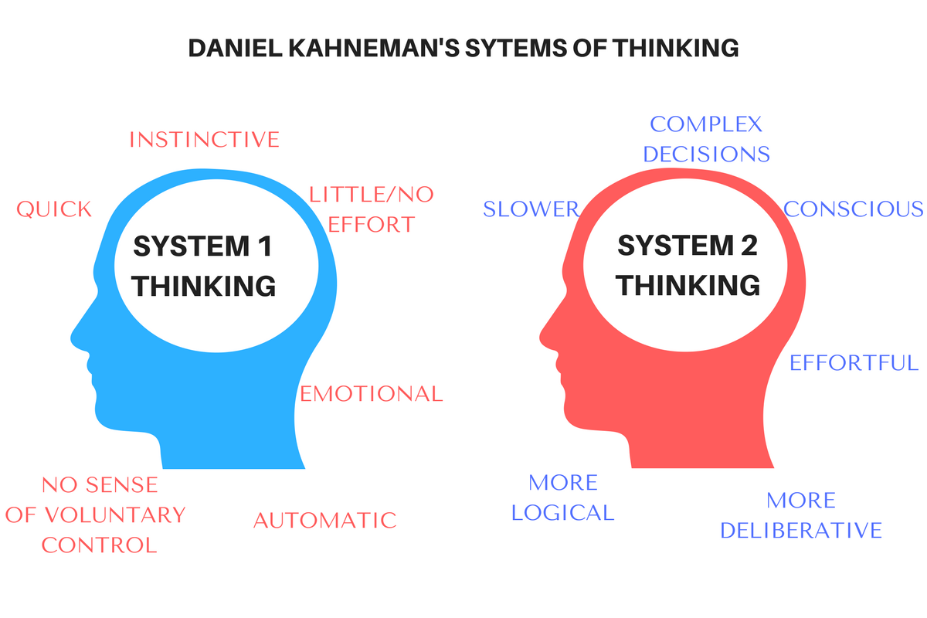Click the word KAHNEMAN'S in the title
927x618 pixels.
tap(374, 48)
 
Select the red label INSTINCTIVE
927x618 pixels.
tap(205, 140)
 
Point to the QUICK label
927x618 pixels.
tap(54, 209)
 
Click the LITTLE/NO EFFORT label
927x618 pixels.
tap(372, 209)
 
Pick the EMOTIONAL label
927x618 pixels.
tap(372, 394)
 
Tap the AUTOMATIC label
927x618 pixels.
tap(325, 521)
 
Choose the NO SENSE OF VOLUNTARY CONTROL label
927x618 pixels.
tap(96, 515)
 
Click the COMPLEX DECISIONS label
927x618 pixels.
tap(706, 139)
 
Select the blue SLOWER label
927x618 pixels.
tap(531, 209)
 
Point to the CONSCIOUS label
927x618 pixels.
tap(853, 209)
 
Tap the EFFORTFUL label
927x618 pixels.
tap(854, 363)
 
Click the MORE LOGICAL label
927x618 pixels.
tap(563, 497)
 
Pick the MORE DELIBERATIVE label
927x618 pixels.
tap(801, 515)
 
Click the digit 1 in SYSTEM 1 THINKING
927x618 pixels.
tap(265, 246)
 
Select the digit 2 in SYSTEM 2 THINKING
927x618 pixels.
tap(749, 246)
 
